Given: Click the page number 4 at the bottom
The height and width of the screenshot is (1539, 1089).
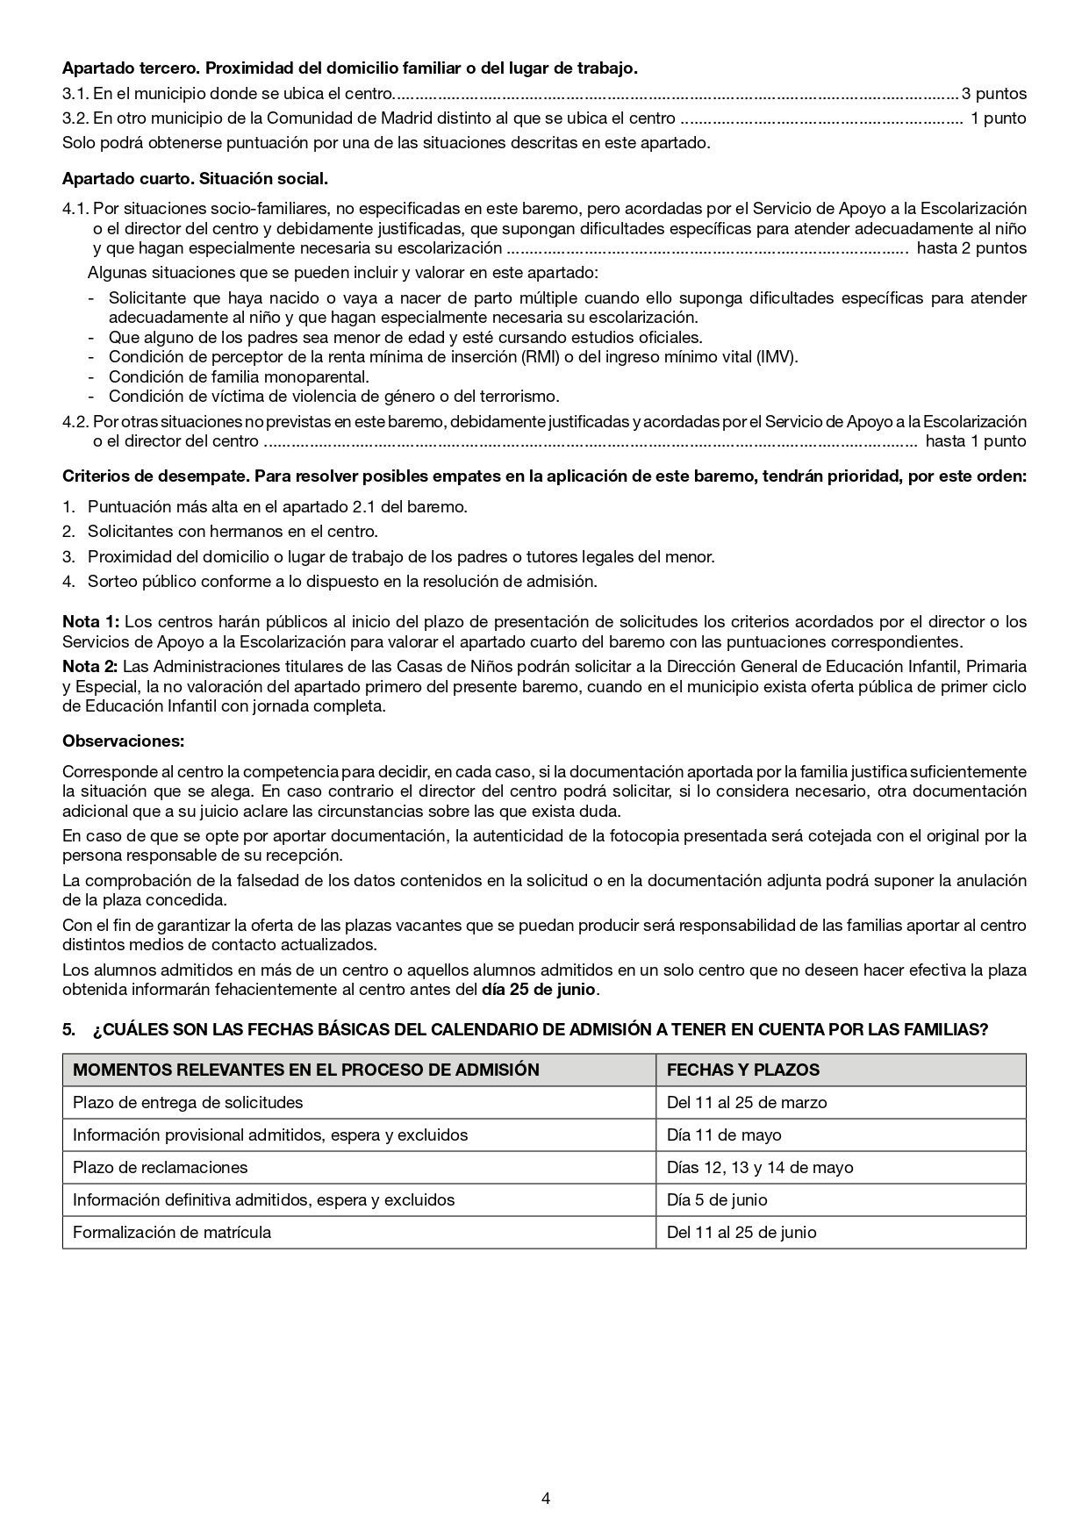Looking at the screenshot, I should coord(546,1498).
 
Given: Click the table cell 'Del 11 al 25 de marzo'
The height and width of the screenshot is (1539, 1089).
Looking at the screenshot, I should coord(746,1102).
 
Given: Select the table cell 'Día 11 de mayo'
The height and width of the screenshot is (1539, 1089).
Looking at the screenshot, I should coord(723,1135).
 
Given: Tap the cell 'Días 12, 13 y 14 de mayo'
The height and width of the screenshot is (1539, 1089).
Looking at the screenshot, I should coord(759,1167).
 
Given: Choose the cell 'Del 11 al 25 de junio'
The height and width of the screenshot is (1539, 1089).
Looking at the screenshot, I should coord(741,1232).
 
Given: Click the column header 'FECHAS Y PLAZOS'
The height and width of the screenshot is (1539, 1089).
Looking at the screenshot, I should coord(742,1070).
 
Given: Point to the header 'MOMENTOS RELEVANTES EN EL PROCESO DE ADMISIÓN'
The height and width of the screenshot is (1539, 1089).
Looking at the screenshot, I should coord(305,1070).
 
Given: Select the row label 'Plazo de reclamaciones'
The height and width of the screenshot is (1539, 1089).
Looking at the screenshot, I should coord(160,1167).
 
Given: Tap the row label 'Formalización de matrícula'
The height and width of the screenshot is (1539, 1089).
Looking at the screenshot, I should coord(171,1232).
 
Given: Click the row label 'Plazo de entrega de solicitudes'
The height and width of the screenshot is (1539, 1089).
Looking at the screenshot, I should coord(187,1102).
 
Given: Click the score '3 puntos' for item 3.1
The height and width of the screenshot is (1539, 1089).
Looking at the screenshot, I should coord(993,93).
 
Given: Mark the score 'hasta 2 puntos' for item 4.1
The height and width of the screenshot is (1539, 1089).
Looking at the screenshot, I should coord(971,248).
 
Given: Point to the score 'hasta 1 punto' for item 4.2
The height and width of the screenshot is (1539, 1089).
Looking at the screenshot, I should coord(975,441).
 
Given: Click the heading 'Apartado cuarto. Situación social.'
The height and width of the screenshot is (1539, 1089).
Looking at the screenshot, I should coord(195,179).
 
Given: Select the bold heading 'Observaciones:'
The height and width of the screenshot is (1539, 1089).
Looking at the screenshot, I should coord(123,741).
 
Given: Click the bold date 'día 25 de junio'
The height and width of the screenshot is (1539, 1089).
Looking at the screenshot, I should coord(539,990).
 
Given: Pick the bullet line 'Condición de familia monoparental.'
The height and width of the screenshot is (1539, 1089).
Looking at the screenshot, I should coord(238,376).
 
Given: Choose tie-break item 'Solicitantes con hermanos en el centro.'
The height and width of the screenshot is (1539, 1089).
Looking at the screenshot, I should coord(232,531).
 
